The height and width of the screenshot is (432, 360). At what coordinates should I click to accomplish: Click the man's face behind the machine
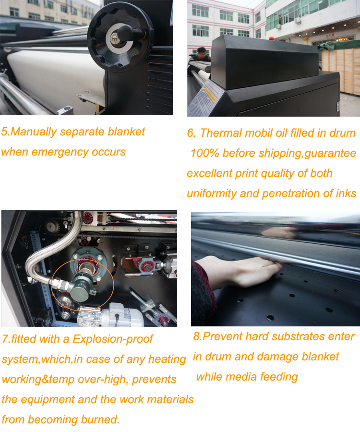(203, 54)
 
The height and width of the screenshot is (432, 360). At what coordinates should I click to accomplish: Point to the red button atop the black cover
(271, 38)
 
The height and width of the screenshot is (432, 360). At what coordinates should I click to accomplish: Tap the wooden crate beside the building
(342, 71)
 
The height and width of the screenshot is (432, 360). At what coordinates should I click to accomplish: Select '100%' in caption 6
(204, 154)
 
